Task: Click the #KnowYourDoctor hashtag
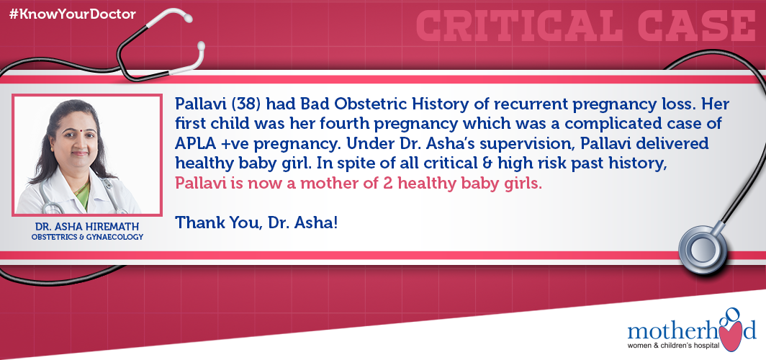[72, 14]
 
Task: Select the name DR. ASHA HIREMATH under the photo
[87, 227]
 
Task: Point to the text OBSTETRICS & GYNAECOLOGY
[87, 238]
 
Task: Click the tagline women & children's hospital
[673, 346]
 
